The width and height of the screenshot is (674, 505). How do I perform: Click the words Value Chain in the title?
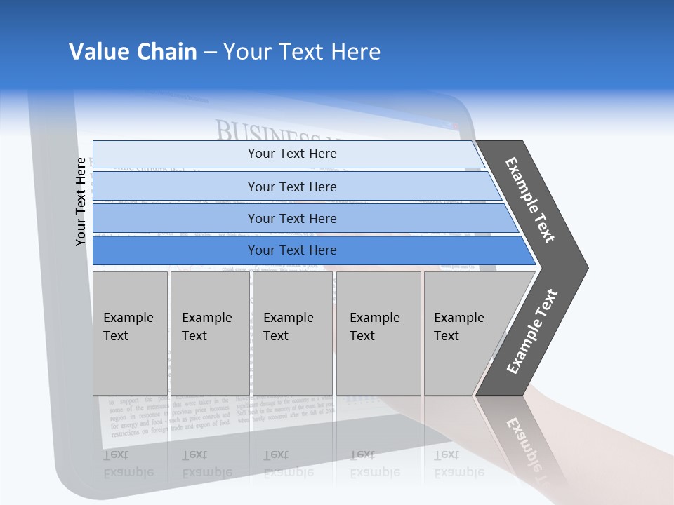pos(133,52)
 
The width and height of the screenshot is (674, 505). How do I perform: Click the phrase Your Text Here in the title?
pos(302,52)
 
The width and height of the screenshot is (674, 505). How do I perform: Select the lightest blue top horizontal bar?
pos(291,154)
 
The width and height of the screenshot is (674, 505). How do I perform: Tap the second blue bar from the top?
pos(291,187)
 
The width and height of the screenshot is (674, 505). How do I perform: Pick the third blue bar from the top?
pos(291,218)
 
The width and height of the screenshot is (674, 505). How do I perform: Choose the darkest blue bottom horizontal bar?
pos(291,250)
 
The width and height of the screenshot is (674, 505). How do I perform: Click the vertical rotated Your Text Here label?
pos(81,202)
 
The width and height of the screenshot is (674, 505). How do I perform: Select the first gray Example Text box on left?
pos(130,333)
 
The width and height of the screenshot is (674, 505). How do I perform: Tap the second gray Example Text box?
pos(209,333)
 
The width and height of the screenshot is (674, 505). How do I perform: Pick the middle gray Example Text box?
pos(292,333)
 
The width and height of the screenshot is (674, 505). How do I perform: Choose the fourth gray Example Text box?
pos(378,333)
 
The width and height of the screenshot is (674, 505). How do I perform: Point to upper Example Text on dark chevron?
pos(530,200)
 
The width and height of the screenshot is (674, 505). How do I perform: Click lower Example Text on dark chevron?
pos(531,332)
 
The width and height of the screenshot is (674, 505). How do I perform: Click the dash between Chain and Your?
pos(210,53)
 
